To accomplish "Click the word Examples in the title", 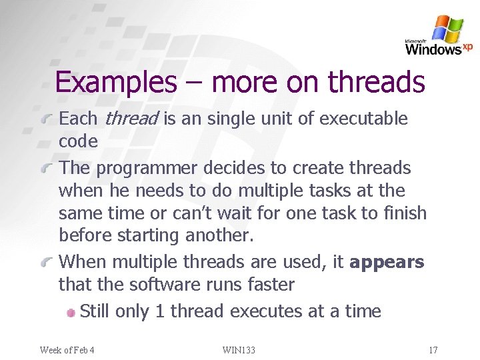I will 115,83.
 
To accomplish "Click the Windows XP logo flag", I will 447,29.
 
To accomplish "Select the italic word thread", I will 131,119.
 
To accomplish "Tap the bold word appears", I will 387,262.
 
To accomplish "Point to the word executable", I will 363,119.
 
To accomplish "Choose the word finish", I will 406,213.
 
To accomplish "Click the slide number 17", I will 433,350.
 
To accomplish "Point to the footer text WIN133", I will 239,350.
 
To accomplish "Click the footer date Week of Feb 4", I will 67,350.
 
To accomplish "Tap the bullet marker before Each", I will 47,120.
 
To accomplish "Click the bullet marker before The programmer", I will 47,169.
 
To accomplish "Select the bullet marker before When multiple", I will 47,263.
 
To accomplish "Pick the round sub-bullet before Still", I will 71,312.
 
